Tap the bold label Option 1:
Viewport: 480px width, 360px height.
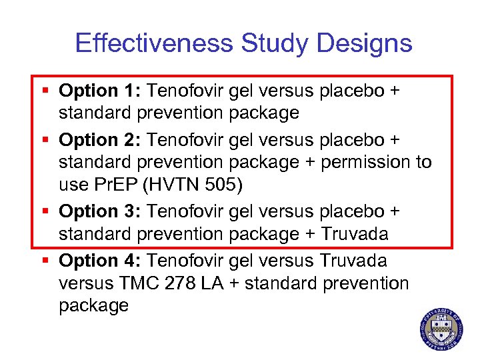tap(100, 91)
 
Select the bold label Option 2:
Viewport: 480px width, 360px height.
tap(100, 140)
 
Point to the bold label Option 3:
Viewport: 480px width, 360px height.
tap(100, 211)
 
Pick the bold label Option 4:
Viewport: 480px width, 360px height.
tap(100, 261)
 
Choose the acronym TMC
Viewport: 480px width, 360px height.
tap(139, 283)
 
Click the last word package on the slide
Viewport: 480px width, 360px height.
tap(93, 306)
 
